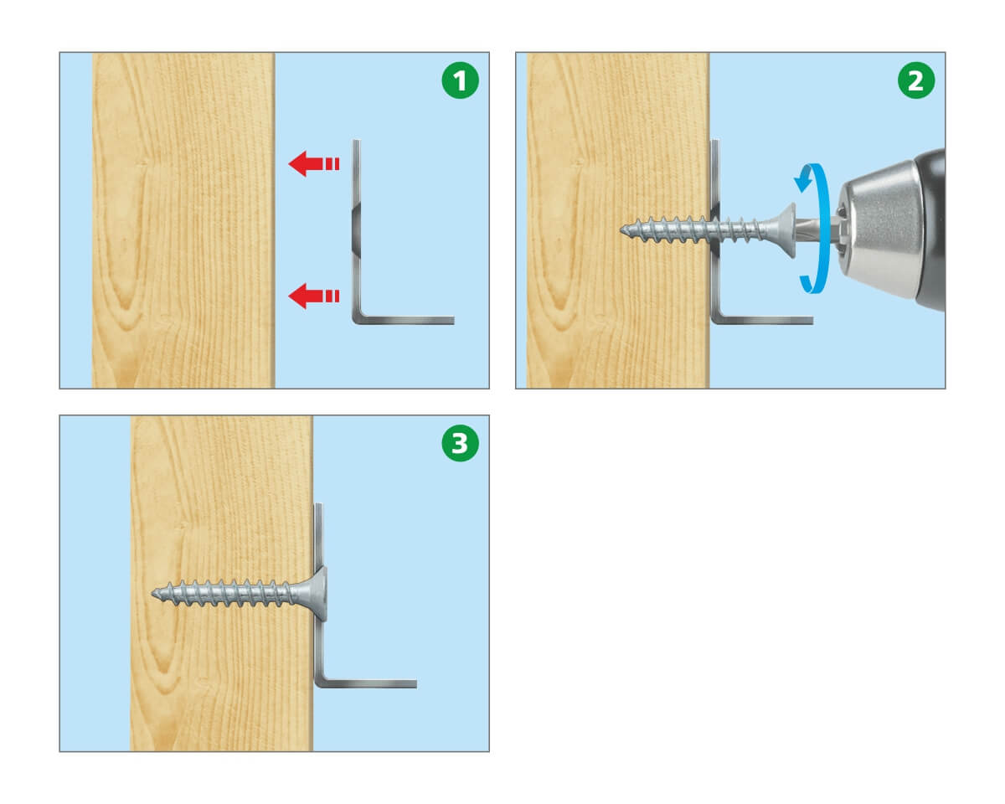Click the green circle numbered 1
coord(460,80)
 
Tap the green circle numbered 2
coord(916,80)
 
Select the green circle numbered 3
coord(460,443)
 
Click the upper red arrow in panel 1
coord(313,164)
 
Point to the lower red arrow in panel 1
coord(313,296)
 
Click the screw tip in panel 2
coord(622,229)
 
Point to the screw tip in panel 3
coord(153,594)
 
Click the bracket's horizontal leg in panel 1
coord(405,320)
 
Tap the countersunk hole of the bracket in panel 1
coord(356,229)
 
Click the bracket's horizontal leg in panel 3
coord(367,684)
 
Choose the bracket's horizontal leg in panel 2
coord(763,320)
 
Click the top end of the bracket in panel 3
coord(318,503)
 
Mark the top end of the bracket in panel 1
coord(356,140)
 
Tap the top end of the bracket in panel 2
coord(714,140)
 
